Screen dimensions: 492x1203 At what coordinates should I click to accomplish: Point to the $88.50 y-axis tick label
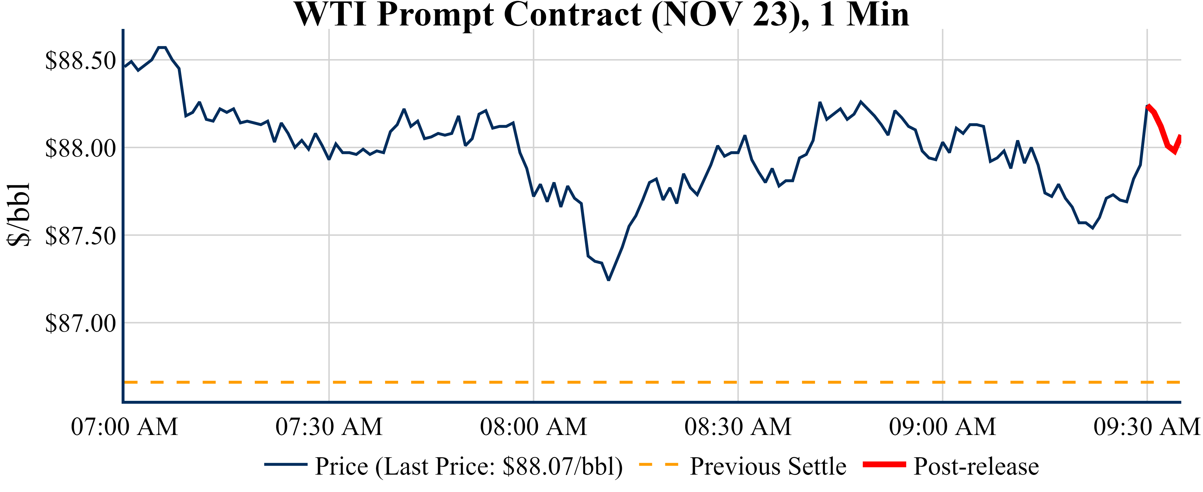80,61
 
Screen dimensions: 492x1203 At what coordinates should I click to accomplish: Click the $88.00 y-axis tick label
80,148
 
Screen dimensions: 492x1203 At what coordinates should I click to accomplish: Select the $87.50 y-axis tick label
80,236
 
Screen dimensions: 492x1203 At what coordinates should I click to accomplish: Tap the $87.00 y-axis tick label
80,323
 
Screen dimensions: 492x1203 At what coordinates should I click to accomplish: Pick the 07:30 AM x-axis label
329,427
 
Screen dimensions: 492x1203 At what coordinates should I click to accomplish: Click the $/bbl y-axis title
19,215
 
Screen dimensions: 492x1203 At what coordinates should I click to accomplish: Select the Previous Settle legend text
768,466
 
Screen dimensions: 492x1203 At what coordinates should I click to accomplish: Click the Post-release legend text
976,466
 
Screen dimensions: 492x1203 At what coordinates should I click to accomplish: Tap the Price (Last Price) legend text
469,466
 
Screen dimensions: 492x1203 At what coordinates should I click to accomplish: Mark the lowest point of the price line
609,280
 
